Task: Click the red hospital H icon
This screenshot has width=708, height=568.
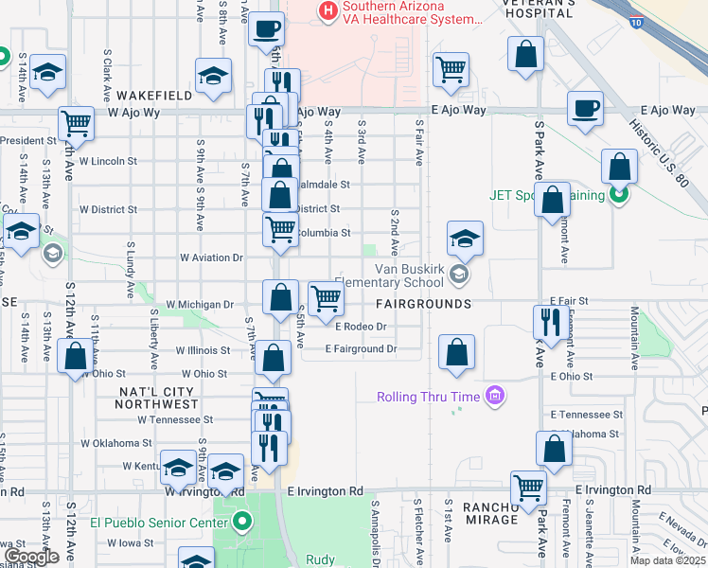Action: (328, 10)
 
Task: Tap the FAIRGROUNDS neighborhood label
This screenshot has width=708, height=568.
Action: (423, 304)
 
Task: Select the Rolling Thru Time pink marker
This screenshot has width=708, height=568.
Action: (493, 395)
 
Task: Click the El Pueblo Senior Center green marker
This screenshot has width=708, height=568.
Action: (243, 521)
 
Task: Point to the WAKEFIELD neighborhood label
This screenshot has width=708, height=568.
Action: (156, 96)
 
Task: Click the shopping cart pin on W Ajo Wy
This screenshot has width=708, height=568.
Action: (75, 122)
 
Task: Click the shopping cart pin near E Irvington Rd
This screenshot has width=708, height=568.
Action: (528, 488)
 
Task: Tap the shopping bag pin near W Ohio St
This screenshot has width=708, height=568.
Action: (75, 356)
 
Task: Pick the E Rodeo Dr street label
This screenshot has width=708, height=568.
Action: (362, 327)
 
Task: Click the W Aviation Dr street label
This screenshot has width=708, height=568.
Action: (213, 257)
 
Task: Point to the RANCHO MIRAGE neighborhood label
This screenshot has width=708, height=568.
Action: (491, 513)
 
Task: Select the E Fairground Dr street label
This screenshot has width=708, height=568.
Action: (360, 349)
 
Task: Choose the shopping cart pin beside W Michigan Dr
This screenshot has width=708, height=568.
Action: (326, 297)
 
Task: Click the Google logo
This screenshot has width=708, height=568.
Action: (30, 557)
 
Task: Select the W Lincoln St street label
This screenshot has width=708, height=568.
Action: (107, 161)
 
